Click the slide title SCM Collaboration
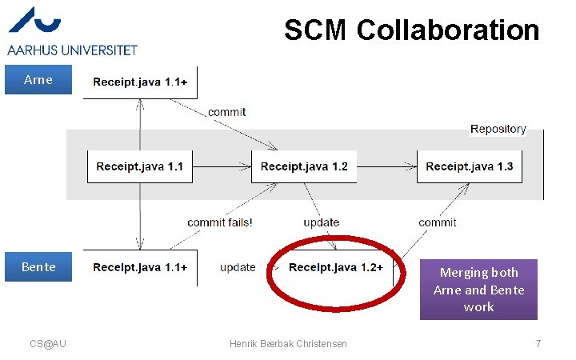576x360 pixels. point(411,31)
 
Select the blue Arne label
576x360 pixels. point(38,80)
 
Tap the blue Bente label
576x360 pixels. point(38,267)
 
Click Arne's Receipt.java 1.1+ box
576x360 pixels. point(140,82)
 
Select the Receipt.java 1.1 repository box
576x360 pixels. point(140,166)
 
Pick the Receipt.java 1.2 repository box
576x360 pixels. point(304,166)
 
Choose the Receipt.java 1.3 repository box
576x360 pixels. point(469,166)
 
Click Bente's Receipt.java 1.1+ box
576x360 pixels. point(140,267)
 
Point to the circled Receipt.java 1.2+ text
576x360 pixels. point(335,267)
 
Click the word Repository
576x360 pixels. point(498,129)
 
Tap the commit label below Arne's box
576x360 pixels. point(227,112)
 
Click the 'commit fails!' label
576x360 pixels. point(220,222)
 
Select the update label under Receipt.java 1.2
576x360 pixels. point(321,222)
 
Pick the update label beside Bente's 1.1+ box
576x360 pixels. point(238,267)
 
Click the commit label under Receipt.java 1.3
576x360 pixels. point(437,222)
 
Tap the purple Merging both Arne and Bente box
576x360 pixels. point(478,289)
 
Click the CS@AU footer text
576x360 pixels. point(48,343)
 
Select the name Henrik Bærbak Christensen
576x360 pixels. point(288,343)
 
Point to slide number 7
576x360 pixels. point(538,343)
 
